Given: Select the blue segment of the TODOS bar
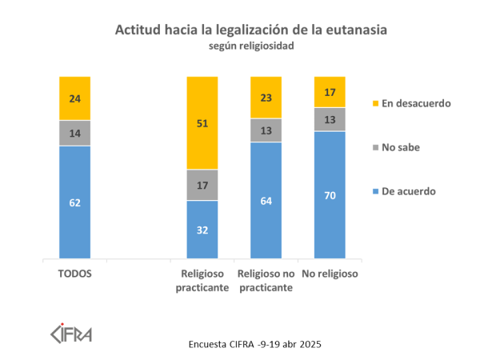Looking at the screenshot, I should click(74, 203).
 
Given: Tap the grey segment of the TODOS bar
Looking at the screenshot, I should click(74, 133).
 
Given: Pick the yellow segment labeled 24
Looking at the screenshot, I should click(74, 98).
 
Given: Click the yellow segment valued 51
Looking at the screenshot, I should click(202, 122).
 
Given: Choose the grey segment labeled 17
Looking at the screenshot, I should click(202, 185).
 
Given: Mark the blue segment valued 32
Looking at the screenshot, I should click(202, 230).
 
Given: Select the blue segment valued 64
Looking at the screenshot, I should click(266, 201).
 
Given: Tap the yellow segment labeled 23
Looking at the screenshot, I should click(266, 98).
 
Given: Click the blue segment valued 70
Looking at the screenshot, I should click(330, 196).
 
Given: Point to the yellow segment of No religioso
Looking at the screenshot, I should click(330, 92).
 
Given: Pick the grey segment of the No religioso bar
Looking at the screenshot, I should click(330, 119).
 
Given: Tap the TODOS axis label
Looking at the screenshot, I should click(74, 273).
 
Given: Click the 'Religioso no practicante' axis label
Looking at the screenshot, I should click(266, 279).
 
